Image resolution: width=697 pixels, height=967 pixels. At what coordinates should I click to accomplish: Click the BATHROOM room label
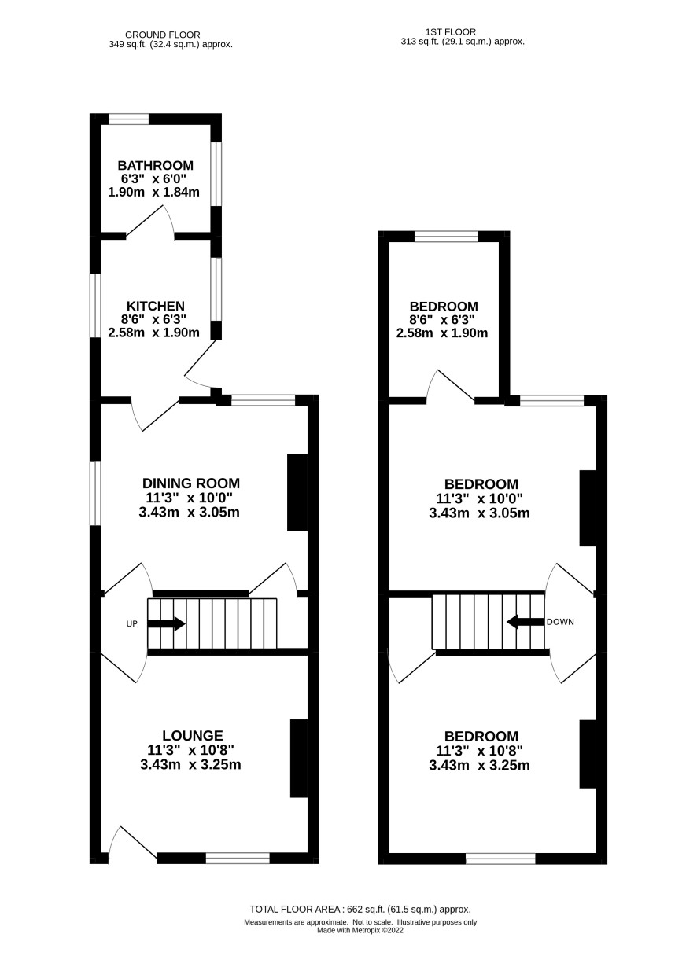point(156,165)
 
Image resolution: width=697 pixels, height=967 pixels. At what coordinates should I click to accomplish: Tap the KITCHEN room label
point(156,306)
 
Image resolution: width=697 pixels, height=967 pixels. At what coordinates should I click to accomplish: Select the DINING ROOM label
point(191,483)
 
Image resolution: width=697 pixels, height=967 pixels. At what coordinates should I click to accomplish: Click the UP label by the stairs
point(131,623)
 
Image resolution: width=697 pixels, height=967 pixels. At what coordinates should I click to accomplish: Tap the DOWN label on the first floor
point(560,622)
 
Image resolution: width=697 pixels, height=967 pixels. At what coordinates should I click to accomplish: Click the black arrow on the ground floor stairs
point(166,623)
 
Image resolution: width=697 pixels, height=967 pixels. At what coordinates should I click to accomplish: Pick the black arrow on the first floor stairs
point(526,622)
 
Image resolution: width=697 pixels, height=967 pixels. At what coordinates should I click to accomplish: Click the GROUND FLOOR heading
point(162,35)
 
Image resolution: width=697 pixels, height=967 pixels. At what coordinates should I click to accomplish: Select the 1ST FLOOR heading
point(451,32)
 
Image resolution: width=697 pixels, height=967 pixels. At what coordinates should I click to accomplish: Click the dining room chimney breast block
point(297,492)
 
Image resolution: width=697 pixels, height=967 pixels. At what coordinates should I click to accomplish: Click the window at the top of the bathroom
point(128,119)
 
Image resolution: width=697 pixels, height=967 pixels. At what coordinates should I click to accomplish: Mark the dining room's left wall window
point(95,494)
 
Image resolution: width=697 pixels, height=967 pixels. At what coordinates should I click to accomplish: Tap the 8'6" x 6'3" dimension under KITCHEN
point(153,319)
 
